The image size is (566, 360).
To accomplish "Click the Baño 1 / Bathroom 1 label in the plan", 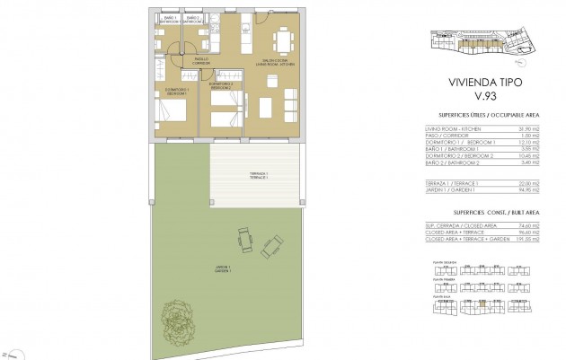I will (166, 19).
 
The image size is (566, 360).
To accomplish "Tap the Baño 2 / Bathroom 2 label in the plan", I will (191, 19).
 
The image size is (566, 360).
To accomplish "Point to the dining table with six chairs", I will (284, 40).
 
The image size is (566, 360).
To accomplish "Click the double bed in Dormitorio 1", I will (171, 111).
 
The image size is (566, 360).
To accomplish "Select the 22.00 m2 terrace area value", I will (537, 183).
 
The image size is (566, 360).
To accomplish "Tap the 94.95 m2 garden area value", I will (537, 190).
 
